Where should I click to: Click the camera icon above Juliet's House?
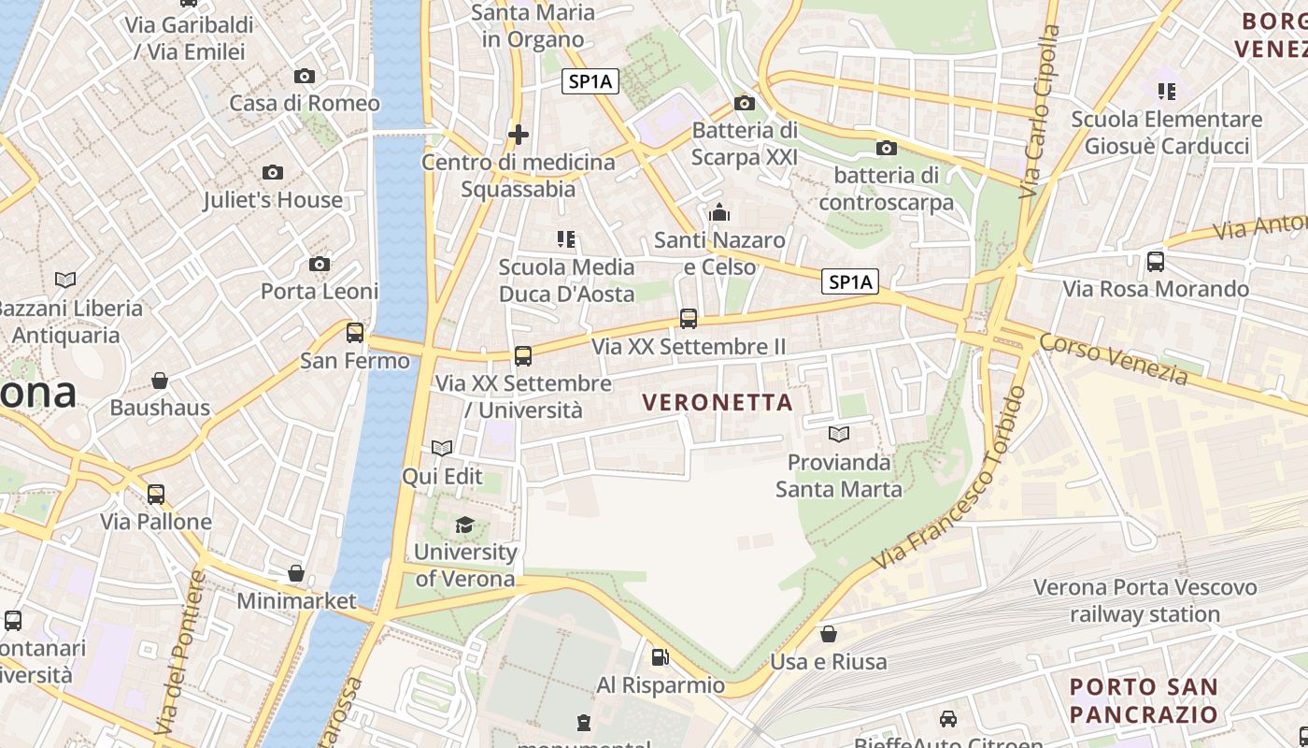pos(273,172)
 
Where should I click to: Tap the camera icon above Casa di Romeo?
pos(305,77)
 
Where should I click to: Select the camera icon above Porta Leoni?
pos(320,265)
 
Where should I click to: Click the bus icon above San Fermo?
pos(355,333)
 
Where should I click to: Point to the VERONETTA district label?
pos(718,403)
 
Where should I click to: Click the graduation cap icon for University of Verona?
pos(464,525)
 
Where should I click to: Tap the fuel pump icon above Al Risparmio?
pos(661,657)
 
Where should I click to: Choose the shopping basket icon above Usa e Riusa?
pos(829,635)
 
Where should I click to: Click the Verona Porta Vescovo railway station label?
pos(1144,601)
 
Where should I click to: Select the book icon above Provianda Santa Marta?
pos(839,435)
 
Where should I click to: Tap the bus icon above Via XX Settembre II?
pos(689,319)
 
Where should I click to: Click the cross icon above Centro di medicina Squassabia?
pos(519,135)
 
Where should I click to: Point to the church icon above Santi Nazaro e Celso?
pos(718,213)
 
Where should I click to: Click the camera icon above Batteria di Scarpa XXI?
pos(745,103)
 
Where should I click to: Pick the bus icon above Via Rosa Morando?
pos(1156,262)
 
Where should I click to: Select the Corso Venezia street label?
pos(1114,359)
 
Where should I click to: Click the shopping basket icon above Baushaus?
pos(160,381)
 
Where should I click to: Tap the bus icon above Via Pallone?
pos(156,494)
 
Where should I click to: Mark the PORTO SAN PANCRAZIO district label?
pos(1144,701)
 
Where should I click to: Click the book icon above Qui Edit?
pos(442,449)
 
